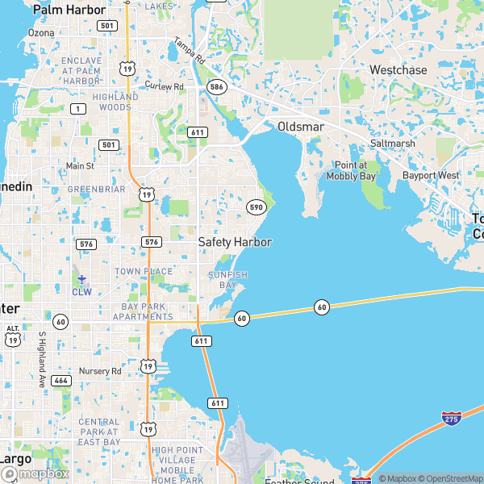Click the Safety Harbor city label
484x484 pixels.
click(235, 242)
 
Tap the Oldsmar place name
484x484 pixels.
click(300, 127)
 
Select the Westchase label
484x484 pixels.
click(398, 70)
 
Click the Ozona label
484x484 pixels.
click(41, 33)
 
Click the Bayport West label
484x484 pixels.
click(431, 175)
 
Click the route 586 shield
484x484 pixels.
click(215, 86)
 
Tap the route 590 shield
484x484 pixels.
click(256, 207)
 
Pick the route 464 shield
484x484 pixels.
click(61, 380)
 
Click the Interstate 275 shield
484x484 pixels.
click(452, 419)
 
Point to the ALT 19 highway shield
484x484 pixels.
click(12, 335)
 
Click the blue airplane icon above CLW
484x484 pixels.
click(81, 279)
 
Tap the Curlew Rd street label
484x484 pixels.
click(165, 86)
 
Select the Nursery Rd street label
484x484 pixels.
click(99, 371)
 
